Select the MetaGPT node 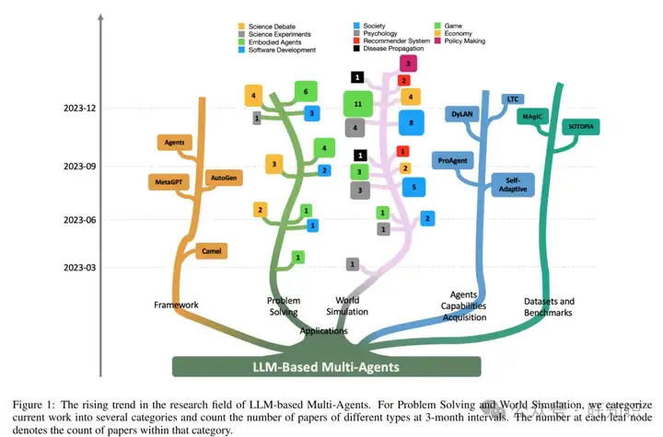click(168, 181)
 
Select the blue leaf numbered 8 click(412, 122)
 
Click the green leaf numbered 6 click(306, 90)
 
